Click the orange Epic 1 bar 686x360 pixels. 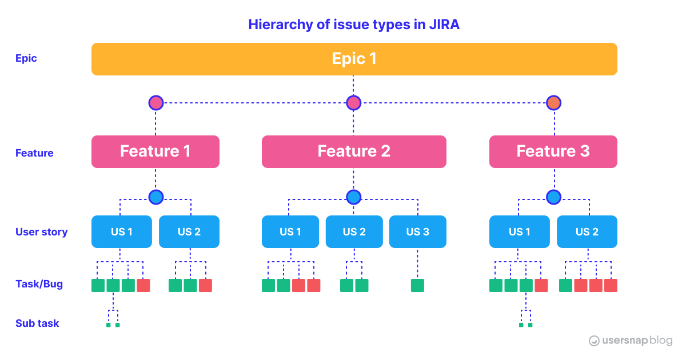click(x=354, y=59)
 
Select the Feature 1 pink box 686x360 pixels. click(x=155, y=151)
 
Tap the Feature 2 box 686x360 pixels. click(x=354, y=151)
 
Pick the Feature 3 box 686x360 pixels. click(x=553, y=151)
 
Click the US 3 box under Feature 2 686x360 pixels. click(x=417, y=231)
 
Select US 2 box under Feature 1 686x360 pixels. click(x=189, y=231)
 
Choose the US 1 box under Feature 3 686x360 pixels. click(x=519, y=231)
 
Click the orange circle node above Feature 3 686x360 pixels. click(x=553, y=103)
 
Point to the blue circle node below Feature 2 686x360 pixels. click(x=354, y=197)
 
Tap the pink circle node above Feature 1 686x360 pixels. click(x=156, y=103)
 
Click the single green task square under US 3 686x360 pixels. click(x=417, y=285)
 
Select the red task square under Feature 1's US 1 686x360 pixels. click(x=143, y=285)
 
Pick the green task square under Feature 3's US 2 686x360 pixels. click(x=566, y=285)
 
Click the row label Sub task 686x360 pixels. click(x=37, y=323)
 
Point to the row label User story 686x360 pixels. click(x=41, y=232)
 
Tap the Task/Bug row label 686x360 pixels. click(x=39, y=284)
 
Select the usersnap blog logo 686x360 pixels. click(x=631, y=341)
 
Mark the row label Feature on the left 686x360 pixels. click(x=34, y=153)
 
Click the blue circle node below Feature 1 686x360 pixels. click(x=156, y=197)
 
